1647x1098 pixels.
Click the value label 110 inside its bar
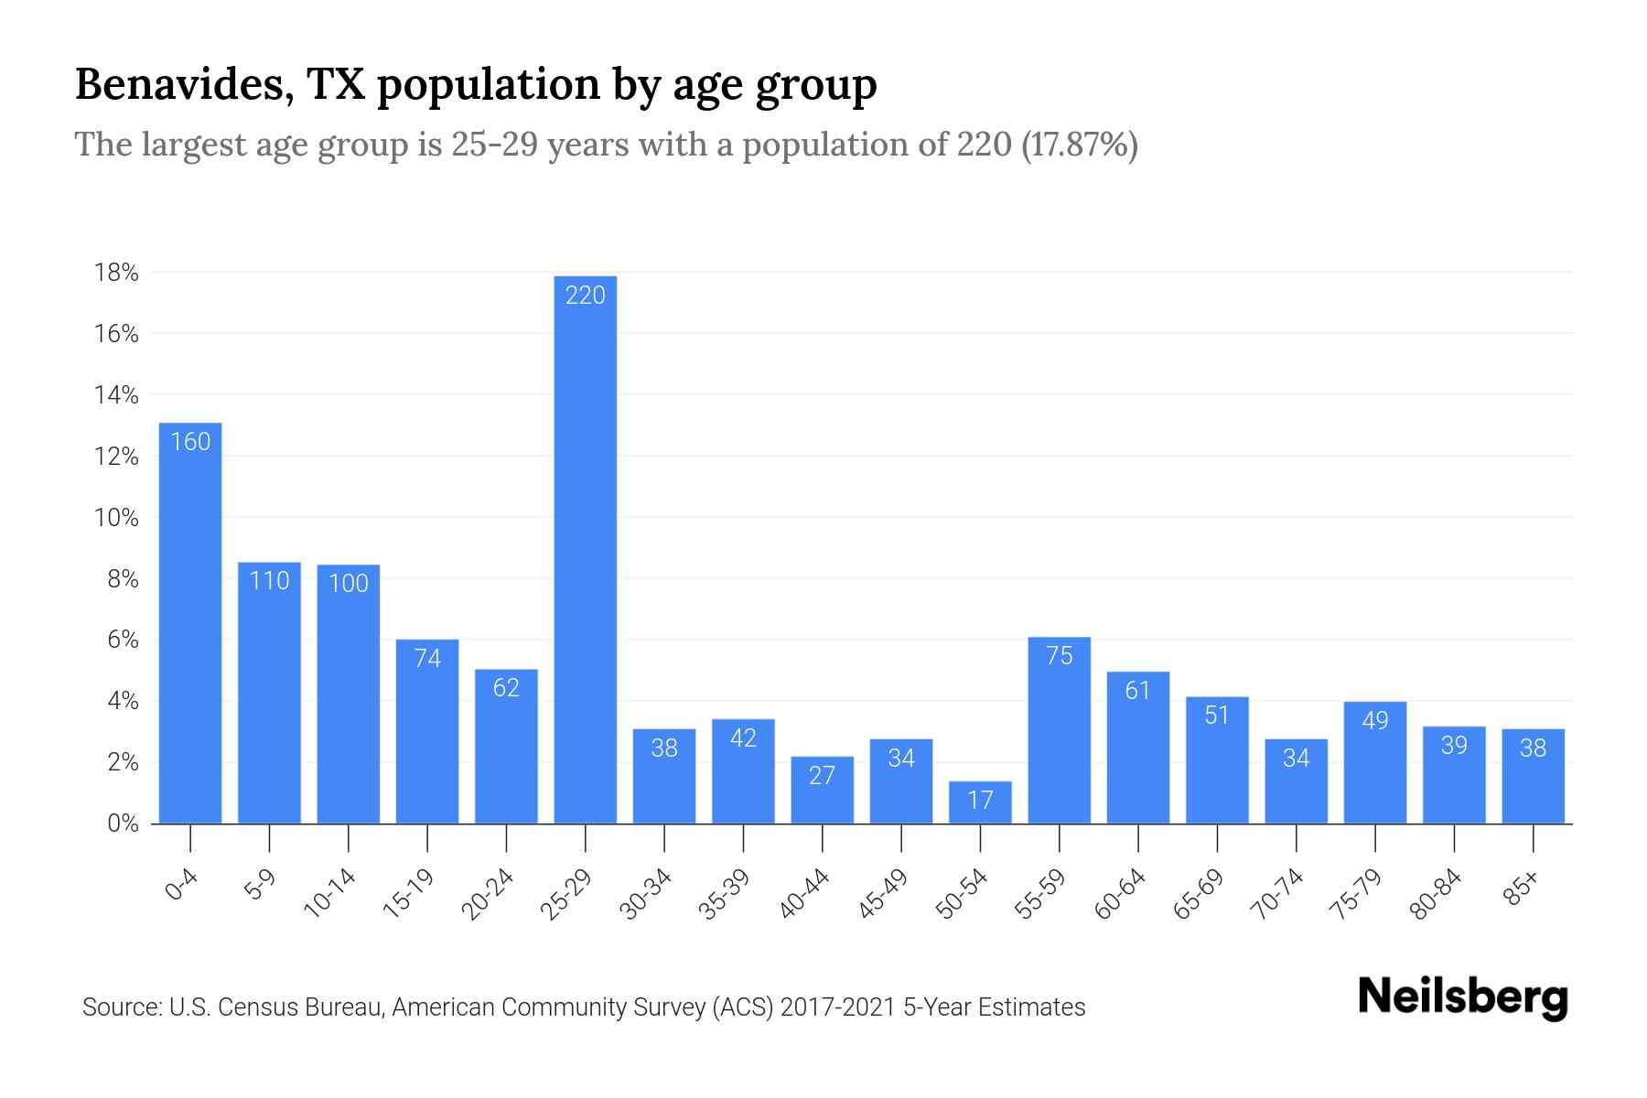tap(269, 581)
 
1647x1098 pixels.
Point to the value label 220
tap(586, 296)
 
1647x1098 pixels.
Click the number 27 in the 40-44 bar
tap(822, 776)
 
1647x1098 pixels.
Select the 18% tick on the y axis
tap(116, 273)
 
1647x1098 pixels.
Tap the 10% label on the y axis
tap(116, 518)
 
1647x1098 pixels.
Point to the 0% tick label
tap(123, 823)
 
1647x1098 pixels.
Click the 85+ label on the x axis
tap(1522, 889)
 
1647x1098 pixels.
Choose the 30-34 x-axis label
tap(646, 895)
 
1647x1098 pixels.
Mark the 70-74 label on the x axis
tap(1277, 895)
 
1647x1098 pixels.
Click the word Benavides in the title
tap(183, 85)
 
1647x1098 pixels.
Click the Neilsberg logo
tap(1462, 997)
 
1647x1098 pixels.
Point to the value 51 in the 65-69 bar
tap(1216, 716)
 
